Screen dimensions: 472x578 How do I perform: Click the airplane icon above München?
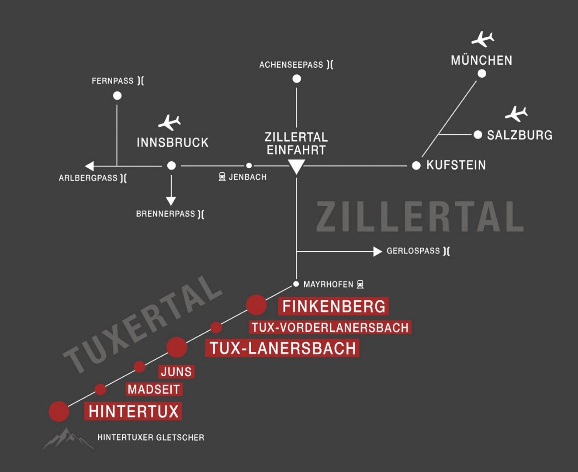tap(483, 39)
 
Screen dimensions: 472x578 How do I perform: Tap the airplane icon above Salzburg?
tap(516, 114)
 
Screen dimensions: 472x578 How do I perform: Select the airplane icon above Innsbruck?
tap(170, 122)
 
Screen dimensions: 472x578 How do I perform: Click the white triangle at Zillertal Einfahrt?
tap(296, 167)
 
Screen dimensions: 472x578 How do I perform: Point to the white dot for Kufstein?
tap(416, 166)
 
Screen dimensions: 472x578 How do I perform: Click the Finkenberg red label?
tap(333, 306)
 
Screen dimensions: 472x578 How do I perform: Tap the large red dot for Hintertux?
tap(59, 411)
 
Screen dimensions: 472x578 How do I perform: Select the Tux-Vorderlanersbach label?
tap(330, 327)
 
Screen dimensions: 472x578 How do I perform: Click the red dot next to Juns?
tap(139, 367)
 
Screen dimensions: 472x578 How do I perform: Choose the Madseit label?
tap(154, 389)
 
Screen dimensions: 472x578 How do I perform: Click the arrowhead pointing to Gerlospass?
tap(377, 251)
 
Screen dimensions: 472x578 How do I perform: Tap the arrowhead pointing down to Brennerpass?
tap(171, 201)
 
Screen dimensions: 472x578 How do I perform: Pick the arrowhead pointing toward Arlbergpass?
tap(90, 166)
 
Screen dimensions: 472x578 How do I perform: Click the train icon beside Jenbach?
tap(222, 177)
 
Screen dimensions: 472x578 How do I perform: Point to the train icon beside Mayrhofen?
tap(360, 285)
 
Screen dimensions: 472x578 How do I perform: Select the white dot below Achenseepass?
tap(297, 79)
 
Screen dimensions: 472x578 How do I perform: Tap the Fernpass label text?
tap(112, 81)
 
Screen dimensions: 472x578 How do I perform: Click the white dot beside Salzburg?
tap(478, 135)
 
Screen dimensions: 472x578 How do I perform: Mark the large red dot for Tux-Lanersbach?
tap(177, 347)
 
